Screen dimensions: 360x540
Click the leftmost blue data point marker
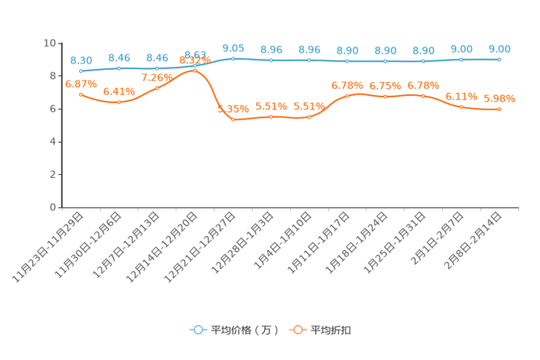click(81, 70)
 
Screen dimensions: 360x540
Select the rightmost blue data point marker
click(499, 60)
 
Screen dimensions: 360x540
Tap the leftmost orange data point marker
click(81, 94)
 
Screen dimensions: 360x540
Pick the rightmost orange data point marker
click(499, 110)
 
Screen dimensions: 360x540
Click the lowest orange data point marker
click(233, 119)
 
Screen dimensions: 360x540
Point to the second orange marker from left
click(119, 102)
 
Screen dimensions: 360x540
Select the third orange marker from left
click(157, 88)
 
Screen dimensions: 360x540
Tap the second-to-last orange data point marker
click(461, 107)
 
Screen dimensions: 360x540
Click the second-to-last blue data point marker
click(461, 60)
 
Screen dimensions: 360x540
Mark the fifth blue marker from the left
click(233, 58)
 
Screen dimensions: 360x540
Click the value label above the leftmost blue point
click(81, 60)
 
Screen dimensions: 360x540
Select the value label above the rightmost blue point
click(499, 49)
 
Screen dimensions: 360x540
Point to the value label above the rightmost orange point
click(499, 98)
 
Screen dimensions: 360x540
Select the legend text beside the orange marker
click(332, 330)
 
